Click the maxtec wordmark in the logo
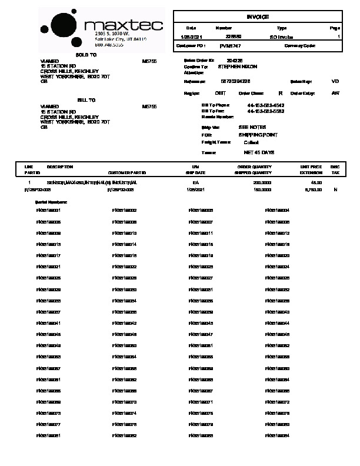coord(122,26)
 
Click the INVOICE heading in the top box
coord(258,17)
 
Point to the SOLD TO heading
coord(86,54)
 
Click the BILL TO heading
coord(86,101)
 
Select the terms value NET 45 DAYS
coord(259,152)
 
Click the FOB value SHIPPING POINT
coord(258,134)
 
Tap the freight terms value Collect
coord(251,142)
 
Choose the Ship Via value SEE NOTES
coord(252,127)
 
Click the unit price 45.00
coord(316,183)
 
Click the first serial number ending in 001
coord(49,210)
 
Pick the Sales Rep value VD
coord(335,81)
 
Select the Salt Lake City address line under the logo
coord(121,39)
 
